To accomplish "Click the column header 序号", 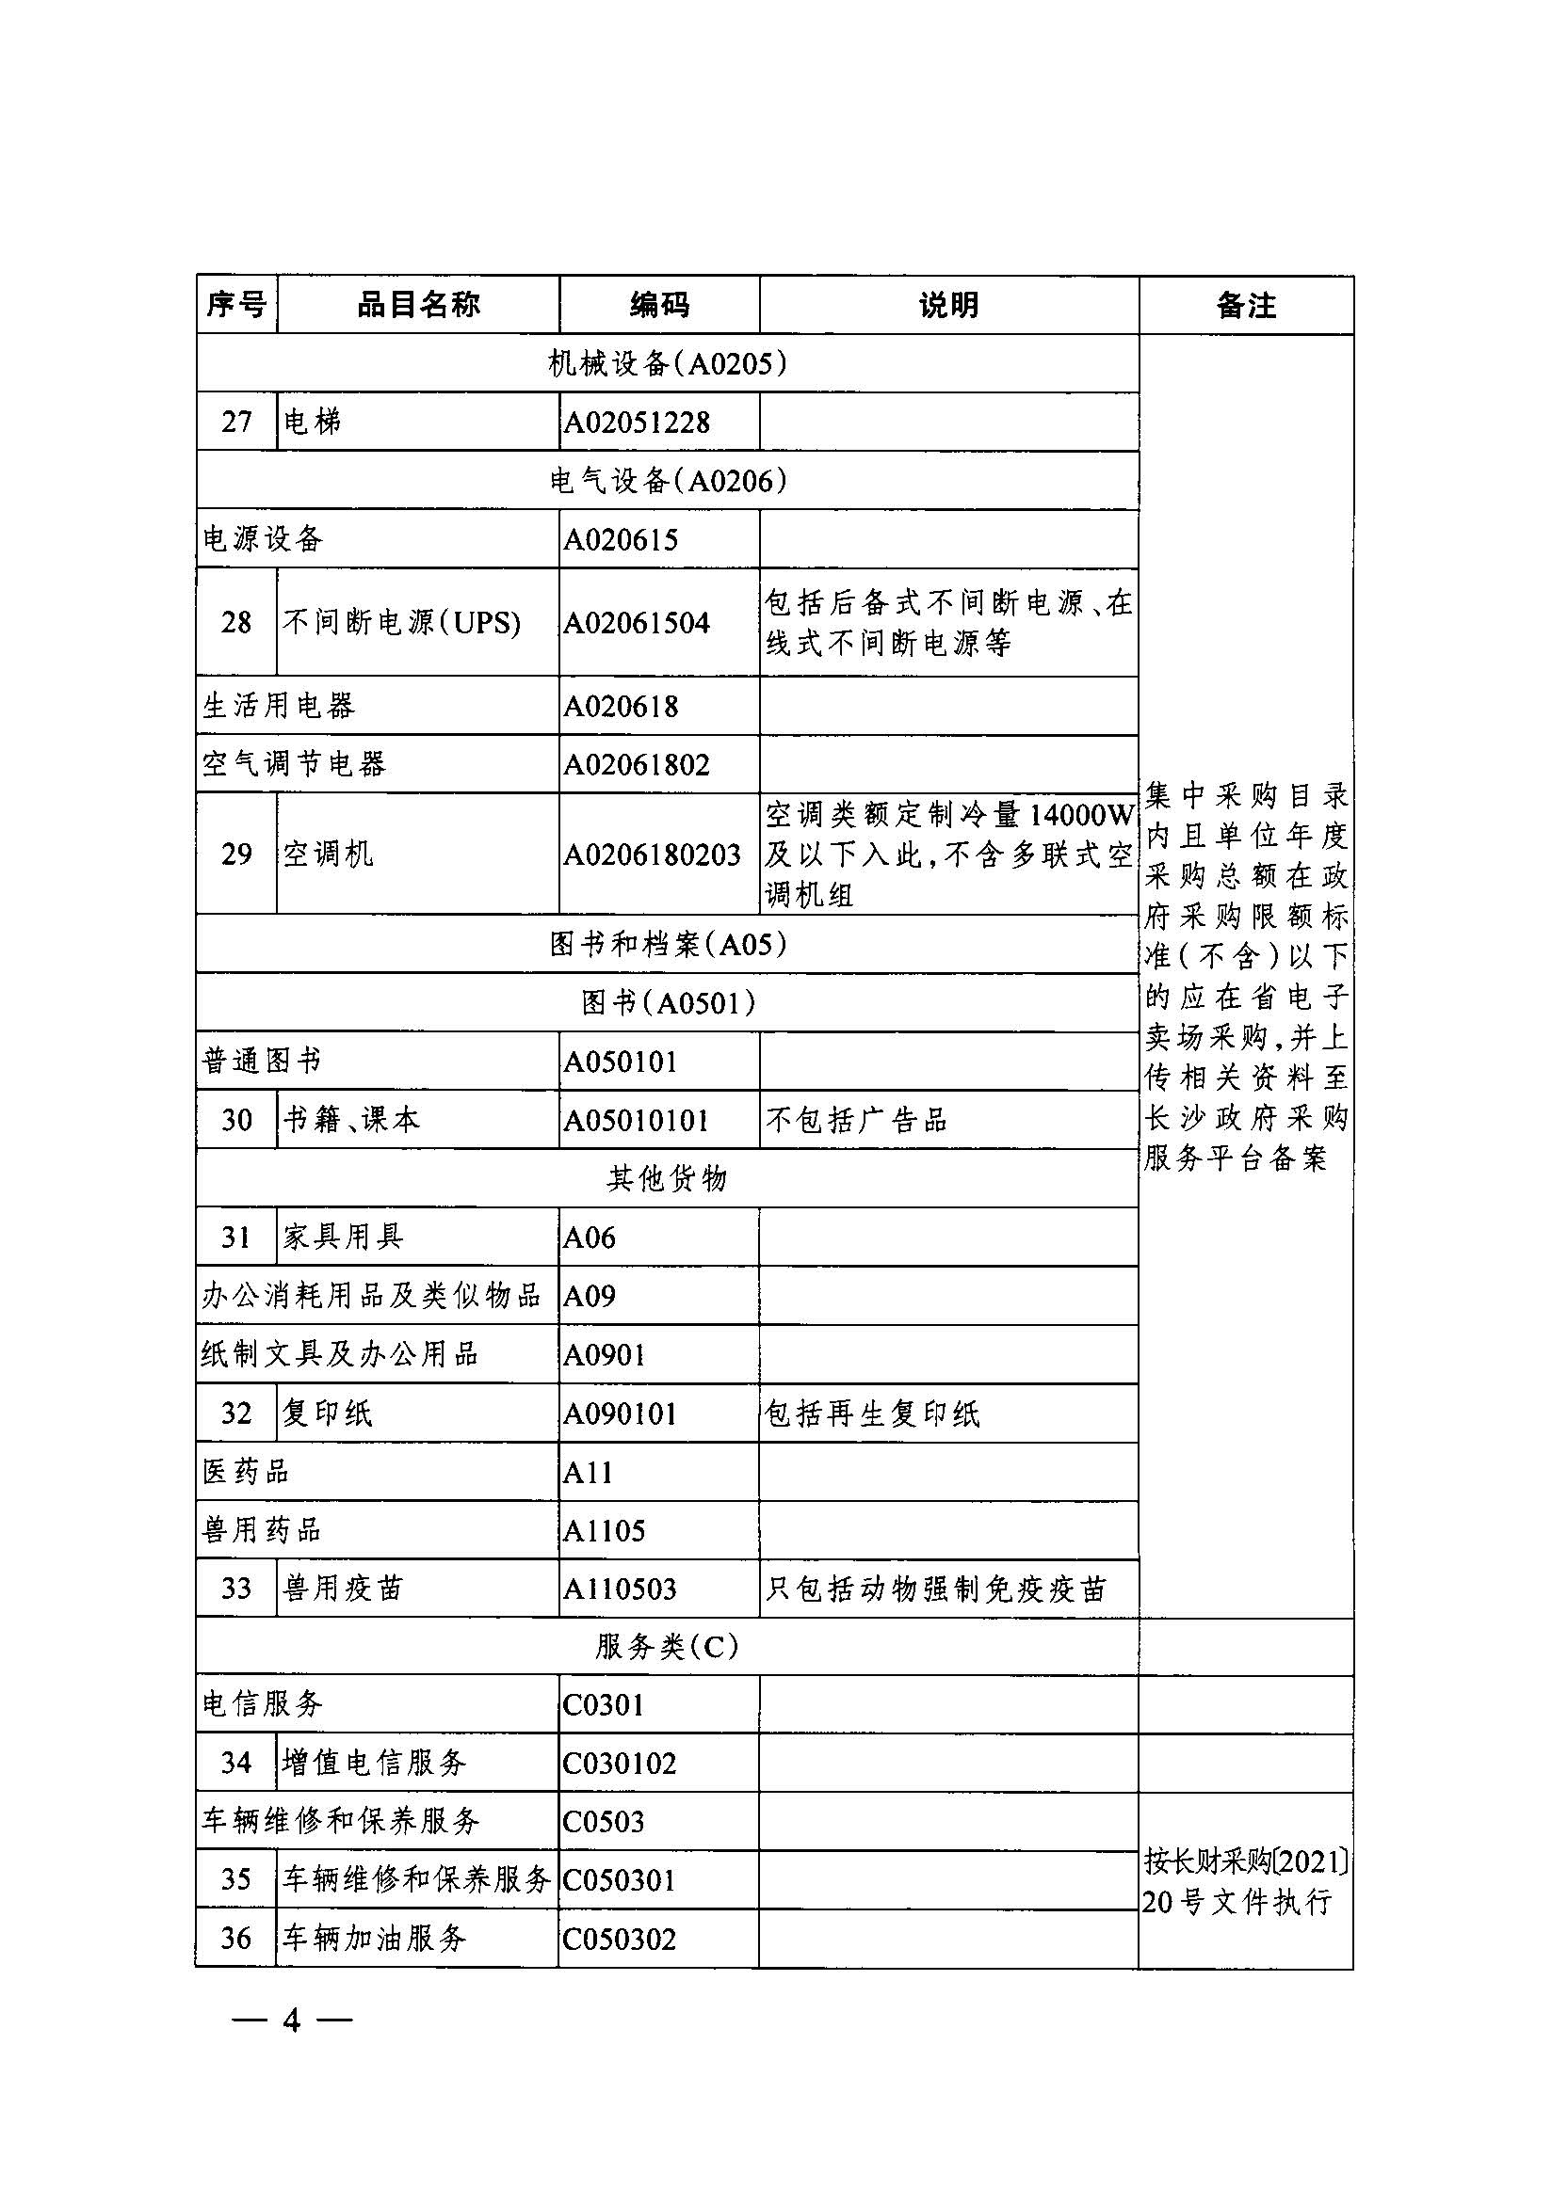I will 236,305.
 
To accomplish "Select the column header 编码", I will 659,305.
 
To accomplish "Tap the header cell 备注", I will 1246,305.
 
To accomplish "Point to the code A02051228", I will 637,423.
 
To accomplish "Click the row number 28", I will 236,622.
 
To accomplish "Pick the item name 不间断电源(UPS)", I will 401,622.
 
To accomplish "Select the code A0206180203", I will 652,854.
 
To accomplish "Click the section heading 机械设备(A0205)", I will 668,363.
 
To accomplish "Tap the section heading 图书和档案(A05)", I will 668,945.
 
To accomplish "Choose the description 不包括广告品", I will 856,1120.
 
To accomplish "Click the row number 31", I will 236,1237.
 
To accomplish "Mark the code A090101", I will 621,1413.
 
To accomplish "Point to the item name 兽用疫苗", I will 343,1588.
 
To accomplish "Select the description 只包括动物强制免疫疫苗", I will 935,1588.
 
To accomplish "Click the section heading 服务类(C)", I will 668,1646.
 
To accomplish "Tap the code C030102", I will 620,1763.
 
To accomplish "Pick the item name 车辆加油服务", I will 375,1937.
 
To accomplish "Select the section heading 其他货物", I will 668,1178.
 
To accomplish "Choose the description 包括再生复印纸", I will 872,1413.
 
